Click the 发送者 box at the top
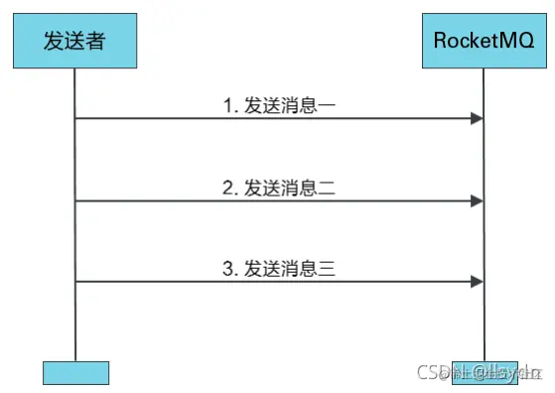(x=75, y=41)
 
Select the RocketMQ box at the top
(x=485, y=41)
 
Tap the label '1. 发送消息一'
(x=281, y=103)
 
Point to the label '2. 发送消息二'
(x=281, y=186)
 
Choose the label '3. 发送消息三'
(x=281, y=267)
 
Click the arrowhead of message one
(x=478, y=119)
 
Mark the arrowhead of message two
(x=478, y=201)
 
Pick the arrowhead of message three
(x=478, y=282)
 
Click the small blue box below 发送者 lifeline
(x=75, y=372)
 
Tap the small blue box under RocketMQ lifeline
(x=485, y=372)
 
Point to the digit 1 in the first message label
(x=225, y=103)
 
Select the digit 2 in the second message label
(x=225, y=186)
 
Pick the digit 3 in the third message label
(x=225, y=267)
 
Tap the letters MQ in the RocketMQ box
(x=519, y=41)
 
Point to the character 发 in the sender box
(x=54, y=41)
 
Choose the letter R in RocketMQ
(x=441, y=41)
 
